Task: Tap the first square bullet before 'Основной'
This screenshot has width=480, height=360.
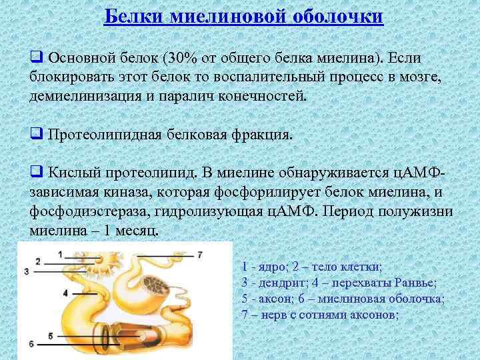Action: [35, 58]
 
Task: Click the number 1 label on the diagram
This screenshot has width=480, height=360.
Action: [60, 254]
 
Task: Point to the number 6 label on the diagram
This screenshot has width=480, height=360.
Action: [31, 343]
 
